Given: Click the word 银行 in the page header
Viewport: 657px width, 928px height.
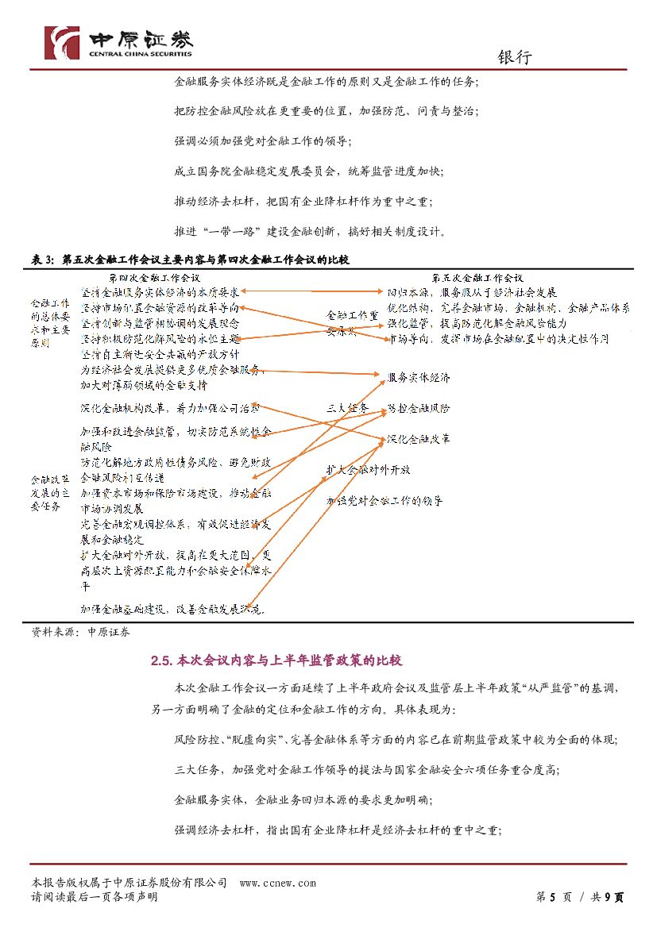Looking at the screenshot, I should pyautogui.click(x=515, y=57).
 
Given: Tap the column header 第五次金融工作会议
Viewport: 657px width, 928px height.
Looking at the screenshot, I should pyautogui.click(x=477, y=278).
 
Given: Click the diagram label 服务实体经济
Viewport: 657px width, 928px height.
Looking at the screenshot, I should pyautogui.click(x=419, y=377).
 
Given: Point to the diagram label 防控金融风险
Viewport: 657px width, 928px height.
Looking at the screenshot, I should pyautogui.click(x=419, y=409).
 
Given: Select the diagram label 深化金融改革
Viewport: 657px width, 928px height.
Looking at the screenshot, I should pyautogui.click(x=419, y=439).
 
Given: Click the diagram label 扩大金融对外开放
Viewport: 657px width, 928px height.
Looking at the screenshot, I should pyautogui.click(x=369, y=469).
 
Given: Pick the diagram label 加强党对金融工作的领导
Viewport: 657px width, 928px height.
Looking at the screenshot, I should pyautogui.click(x=385, y=501).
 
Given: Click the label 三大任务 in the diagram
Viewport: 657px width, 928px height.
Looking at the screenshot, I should pyautogui.click(x=347, y=408).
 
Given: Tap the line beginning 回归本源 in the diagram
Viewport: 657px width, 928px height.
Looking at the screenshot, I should pyautogui.click(x=472, y=292).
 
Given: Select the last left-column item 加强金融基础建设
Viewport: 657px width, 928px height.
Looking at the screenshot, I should pyautogui.click(x=172, y=609).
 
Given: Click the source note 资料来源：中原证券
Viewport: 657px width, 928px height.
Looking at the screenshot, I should pyautogui.click(x=81, y=632).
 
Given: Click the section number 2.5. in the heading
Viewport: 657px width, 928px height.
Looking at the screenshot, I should pyautogui.click(x=162, y=660).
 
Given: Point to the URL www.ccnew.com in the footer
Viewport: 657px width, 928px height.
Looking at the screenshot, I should pyautogui.click(x=277, y=883).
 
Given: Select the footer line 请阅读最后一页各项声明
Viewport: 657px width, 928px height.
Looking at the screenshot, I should pyautogui.click(x=94, y=897).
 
